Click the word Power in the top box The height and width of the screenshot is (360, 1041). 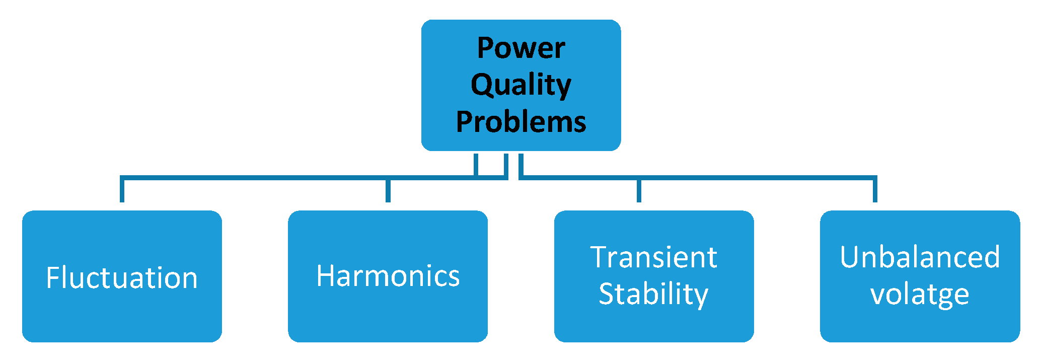pos(521,48)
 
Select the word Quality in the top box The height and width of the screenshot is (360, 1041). pos(521,85)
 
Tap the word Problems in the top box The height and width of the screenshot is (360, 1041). pos(521,122)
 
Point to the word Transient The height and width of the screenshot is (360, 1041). pos(653,258)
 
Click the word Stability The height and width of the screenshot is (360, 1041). pos(653,294)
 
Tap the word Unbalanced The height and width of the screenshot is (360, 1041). pos(920,258)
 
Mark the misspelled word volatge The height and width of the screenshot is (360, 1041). pos(920,294)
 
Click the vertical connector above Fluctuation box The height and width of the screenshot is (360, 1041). pos(122,190)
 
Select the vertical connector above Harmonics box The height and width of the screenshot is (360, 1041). pos(388,190)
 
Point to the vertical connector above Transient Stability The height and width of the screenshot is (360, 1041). pos(639,190)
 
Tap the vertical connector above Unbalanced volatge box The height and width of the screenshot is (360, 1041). pos(875,190)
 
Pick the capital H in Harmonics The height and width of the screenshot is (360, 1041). pos(325,276)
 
